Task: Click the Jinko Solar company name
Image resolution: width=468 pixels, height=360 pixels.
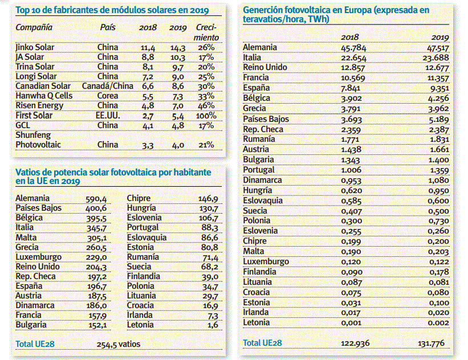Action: (35, 47)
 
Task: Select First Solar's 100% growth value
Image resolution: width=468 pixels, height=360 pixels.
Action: (206, 116)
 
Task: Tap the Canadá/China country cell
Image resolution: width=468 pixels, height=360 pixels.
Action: (107, 86)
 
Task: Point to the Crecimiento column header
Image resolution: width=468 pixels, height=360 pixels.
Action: (206, 32)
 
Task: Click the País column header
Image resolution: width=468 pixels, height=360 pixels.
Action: (107, 27)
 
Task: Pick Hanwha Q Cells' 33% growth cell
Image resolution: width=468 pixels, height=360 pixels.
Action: (206, 96)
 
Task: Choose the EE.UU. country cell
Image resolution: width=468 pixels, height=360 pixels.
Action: (108, 116)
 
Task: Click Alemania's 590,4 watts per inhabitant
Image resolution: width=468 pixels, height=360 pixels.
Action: (96, 199)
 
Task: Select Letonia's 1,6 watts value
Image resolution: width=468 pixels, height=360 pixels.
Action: (213, 325)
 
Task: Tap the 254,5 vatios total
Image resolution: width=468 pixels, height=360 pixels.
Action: (118, 344)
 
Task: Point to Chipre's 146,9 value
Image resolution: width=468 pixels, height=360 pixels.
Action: (208, 199)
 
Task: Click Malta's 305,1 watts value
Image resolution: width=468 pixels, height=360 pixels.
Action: (97, 238)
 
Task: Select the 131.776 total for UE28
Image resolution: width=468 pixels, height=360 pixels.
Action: (431, 343)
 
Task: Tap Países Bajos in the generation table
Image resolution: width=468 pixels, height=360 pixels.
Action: (266, 119)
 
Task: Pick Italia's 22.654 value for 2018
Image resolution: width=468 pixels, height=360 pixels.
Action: (353, 58)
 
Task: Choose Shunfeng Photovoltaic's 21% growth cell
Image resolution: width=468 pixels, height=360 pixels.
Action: (206, 145)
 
